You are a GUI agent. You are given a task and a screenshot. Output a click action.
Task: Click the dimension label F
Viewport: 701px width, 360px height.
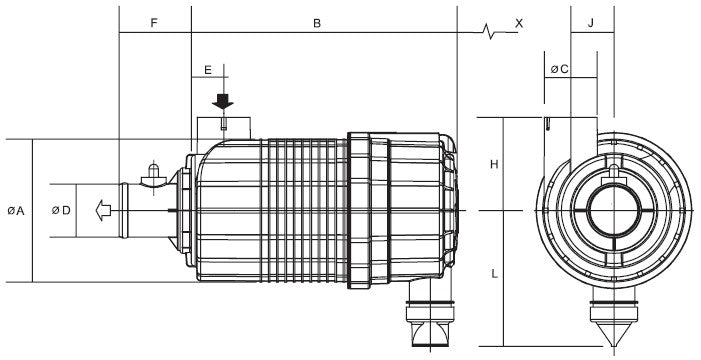point(153,21)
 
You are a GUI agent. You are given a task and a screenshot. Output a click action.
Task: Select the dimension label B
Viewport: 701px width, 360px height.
point(316,21)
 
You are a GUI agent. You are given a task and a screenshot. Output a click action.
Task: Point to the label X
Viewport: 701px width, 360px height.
point(519,21)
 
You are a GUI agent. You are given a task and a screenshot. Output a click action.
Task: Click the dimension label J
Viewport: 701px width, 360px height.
point(591,21)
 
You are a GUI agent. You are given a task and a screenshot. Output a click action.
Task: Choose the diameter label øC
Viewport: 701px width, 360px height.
point(560,69)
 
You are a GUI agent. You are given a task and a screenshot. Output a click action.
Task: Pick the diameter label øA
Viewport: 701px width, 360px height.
point(15,210)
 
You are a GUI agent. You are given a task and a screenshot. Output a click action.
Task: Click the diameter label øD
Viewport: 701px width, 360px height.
point(60,210)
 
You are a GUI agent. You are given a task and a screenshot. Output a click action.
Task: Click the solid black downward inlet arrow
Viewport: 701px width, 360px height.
point(223,101)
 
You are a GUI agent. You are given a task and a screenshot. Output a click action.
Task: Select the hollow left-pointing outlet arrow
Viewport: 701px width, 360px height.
point(99,210)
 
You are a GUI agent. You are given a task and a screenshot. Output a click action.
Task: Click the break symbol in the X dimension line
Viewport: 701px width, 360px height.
point(488,33)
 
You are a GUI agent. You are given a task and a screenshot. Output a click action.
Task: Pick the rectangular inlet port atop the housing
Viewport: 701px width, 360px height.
point(223,128)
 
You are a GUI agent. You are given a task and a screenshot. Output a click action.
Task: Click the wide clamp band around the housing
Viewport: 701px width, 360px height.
point(368,210)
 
